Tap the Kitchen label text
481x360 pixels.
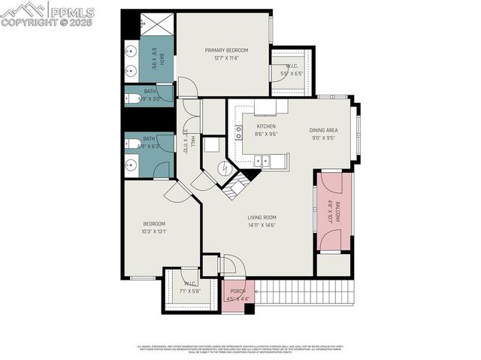(266, 126)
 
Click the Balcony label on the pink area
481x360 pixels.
(338, 213)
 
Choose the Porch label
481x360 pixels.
(238, 292)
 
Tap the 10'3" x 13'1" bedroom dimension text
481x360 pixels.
(154, 231)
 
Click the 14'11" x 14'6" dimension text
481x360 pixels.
(263, 225)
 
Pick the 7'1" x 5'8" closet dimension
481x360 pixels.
(192, 290)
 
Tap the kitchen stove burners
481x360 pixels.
(239, 133)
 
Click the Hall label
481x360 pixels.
(192, 141)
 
